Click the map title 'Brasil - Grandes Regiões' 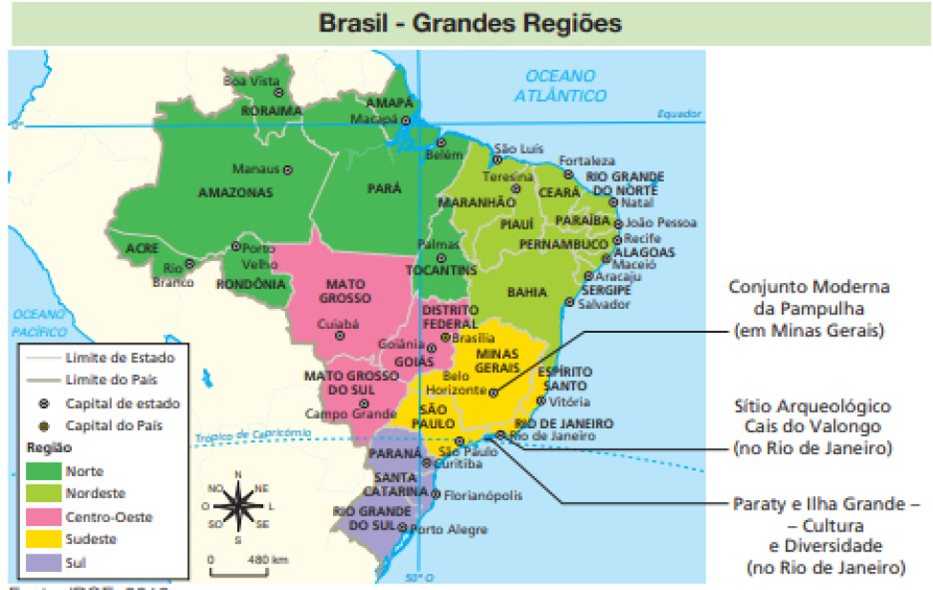[469, 22]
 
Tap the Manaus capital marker [287, 169]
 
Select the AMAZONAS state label [235, 192]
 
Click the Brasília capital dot [445, 338]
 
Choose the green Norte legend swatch [42, 471]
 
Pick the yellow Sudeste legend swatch [42, 540]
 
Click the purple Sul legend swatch [42, 563]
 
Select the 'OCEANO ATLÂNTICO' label [560, 85]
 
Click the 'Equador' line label [678, 114]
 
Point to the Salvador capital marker [569, 302]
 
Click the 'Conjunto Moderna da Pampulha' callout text [809, 309]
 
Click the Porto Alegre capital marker [403, 529]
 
